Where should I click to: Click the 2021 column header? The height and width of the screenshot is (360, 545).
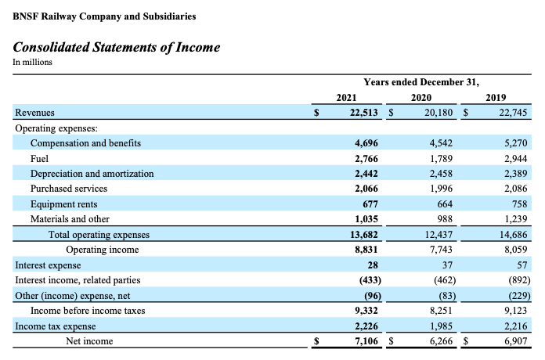coord(346,98)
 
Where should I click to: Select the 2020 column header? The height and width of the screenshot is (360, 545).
coord(421,98)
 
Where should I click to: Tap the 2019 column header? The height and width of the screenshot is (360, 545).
coord(496,98)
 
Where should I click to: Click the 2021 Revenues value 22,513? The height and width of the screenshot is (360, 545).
coord(363,113)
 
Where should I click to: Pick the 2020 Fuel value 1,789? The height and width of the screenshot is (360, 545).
coord(441,159)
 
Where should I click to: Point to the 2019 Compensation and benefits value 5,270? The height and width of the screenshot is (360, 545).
coord(516,143)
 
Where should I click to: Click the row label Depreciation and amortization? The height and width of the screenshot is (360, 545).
coord(92,174)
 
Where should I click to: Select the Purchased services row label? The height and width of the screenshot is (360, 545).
coord(69,189)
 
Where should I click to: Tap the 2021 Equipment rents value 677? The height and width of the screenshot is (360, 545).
coord(370,204)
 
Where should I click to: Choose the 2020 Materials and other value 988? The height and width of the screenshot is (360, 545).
coord(445,219)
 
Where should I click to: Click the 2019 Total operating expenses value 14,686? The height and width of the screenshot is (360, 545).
coord(514,235)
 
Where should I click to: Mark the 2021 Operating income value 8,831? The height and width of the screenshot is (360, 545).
coord(366,250)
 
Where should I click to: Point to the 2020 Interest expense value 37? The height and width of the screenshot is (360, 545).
coord(447,265)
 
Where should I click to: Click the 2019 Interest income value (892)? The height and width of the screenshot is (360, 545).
coord(519,280)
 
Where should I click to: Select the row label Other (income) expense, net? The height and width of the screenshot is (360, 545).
coord(72,296)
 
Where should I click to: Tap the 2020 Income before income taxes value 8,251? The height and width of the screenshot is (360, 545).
coord(441,311)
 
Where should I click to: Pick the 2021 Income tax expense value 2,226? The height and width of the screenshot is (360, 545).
coord(366,326)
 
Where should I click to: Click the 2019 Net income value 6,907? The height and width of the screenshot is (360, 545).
coord(516,341)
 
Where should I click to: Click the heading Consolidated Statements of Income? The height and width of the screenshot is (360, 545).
coord(117,47)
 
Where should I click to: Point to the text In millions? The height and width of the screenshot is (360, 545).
coord(32,62)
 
